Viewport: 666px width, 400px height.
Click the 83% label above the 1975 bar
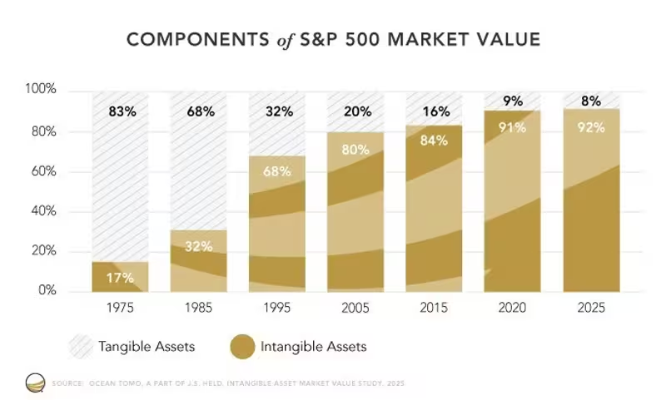pos(120,111)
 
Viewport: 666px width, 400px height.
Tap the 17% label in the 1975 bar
pos(120,277)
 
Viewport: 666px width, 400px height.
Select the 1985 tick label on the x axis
pos(198,308)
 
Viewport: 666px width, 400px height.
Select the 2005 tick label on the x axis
pos(355,308)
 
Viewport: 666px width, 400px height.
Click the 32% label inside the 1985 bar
pos(198,246)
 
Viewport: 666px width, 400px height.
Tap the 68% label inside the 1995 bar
pos(277,172)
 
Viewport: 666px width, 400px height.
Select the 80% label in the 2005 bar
pos(355,151)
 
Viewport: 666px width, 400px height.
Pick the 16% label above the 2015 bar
pos(434,111)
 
